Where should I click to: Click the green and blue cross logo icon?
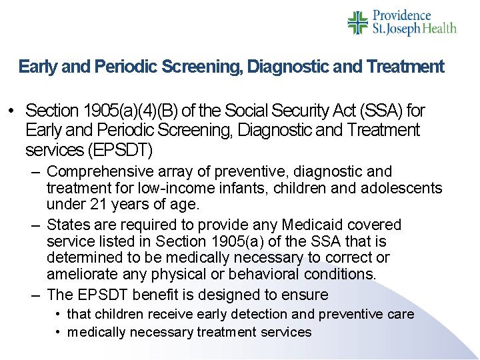pos(358,22)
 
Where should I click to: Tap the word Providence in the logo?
pos(401,15)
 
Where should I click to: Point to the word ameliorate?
pos(82,273)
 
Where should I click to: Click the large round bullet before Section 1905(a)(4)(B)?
pos(11,110)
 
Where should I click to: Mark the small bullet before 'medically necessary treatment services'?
pos(60,332)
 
